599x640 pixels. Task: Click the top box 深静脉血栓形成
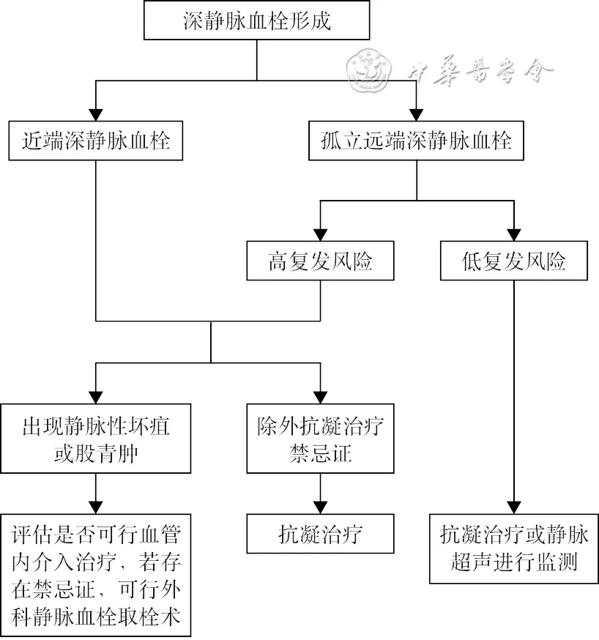[x=256, y=21]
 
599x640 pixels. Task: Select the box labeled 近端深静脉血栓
[x=96, y=140]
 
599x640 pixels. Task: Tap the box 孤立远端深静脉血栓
[x=416, y=140]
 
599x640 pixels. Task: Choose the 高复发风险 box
[x=320, y=261]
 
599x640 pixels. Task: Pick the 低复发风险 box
[x=513, y=261]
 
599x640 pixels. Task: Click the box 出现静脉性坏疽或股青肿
[x=96, y=439]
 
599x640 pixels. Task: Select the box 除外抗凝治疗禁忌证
[x=320, y=439]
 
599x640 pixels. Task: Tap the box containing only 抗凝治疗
[x=320, y=534]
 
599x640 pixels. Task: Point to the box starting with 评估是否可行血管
[x=96, y=575]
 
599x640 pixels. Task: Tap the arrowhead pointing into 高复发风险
[x=320, y=234]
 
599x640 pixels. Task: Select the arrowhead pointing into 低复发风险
[x=513, y=234]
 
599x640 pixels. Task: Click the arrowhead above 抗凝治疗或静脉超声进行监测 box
[x=513, y=506]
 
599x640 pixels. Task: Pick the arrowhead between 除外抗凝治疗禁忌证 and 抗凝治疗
[x=320, y=506]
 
